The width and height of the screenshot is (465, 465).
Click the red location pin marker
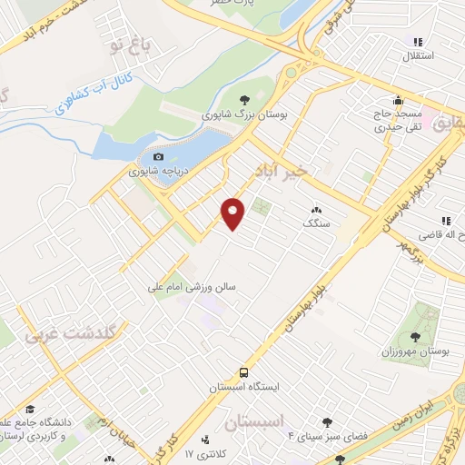pyautogui.click(x=234, y=213)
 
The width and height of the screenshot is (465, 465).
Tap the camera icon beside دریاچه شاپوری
pyautogui.click(x=158, y=157)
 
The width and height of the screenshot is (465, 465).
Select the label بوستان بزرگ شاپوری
pyautogui.click(x=244, y=116)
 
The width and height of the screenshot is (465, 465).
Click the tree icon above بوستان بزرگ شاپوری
pyautogui.click(x=244, y=100)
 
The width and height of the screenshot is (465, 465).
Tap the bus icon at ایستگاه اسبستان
pyautogui.click(x=242, y=372)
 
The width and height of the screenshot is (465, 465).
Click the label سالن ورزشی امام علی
pyautogui.click(x=193, y=286)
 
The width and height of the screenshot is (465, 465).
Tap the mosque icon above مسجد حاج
pyautogui.click(x=397, y=100)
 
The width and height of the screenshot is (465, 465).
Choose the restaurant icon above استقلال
pyautogui.click(x=418, y=42)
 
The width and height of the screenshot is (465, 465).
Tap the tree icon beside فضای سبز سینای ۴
pyautogui.click(x=328, y=421)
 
